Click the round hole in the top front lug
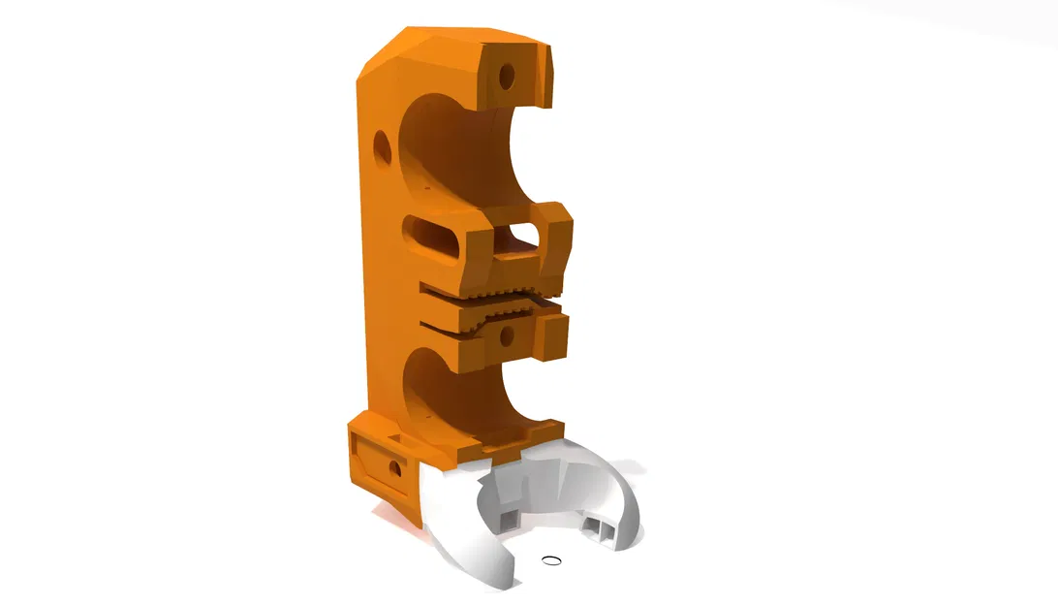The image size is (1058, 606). tap(506, 74)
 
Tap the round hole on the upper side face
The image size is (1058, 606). tap(381, 146)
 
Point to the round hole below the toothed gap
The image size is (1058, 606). tap(504, 336)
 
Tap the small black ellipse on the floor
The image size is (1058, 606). tap(551, 559)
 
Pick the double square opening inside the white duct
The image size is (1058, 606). tap(599, 528)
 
